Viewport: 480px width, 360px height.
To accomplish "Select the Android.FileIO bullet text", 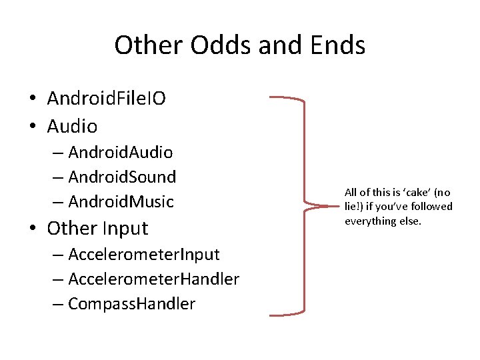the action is tap(106, 99).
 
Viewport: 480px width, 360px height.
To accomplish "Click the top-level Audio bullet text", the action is tap(72, 126).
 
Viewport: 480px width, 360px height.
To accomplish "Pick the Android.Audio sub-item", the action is tap(121, 153).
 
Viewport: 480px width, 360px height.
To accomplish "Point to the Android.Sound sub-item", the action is tap(122, 177).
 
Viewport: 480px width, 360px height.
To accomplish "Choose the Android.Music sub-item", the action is tap(121, 201).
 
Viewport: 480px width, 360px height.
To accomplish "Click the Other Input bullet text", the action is tap(97, 228).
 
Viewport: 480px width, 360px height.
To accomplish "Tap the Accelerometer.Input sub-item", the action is tap(144, 254).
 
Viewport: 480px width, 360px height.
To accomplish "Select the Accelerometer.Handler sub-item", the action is tap(153, 279).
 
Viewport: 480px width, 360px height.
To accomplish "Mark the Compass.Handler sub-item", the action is tap(131, 304).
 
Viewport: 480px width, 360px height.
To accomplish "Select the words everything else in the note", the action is tap(383, 221).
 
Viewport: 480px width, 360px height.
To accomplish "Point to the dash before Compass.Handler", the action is tap(58, 305).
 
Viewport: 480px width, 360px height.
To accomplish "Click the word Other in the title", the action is tap(149, 45).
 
